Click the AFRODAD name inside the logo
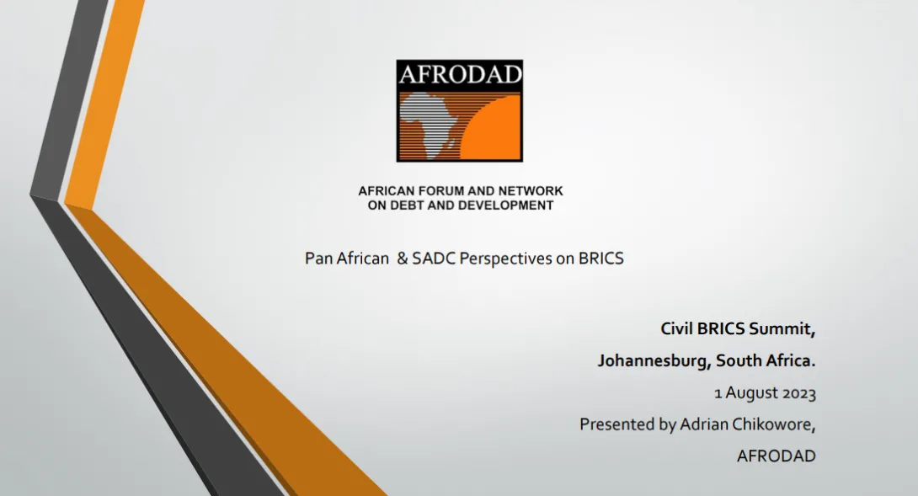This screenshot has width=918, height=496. [460, 74]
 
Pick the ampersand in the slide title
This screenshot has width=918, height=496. [403, 259]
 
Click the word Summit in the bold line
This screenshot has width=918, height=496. [782, 329]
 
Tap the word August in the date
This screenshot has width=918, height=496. [751, 393]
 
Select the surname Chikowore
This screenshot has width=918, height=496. [777, 424]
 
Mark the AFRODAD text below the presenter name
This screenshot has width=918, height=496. [777, 456]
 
